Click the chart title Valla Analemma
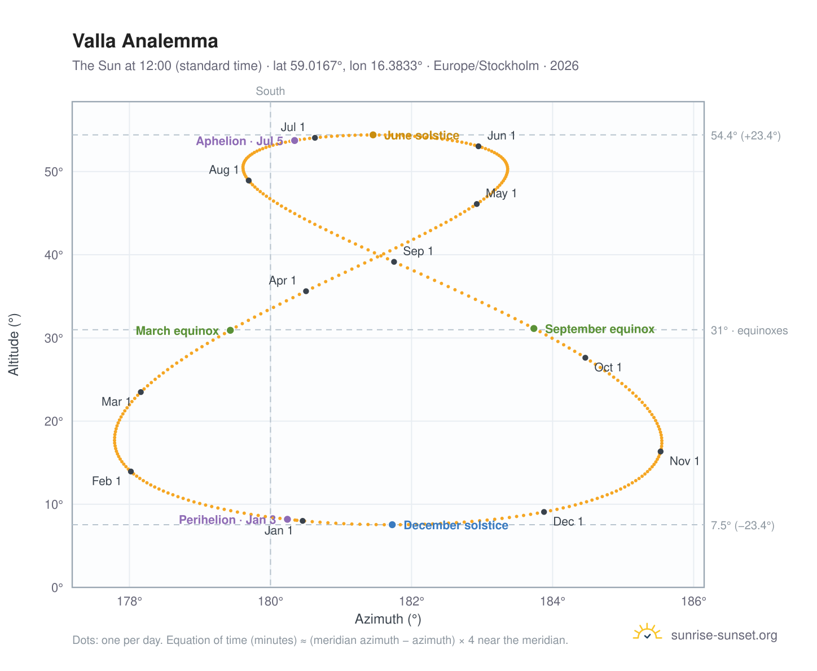point(145,41)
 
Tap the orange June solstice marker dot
point(372,134)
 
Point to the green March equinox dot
point(230,329)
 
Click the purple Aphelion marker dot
point(294,140)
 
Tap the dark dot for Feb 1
point(130,471)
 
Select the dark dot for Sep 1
point(393,262)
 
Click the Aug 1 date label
point(223,169)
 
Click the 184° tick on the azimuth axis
point(552,601)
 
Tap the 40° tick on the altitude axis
point(54,255)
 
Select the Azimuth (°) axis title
point(387,618)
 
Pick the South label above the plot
point(270,91)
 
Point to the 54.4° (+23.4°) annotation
point(745,136)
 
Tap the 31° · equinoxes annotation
point(748,330)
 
